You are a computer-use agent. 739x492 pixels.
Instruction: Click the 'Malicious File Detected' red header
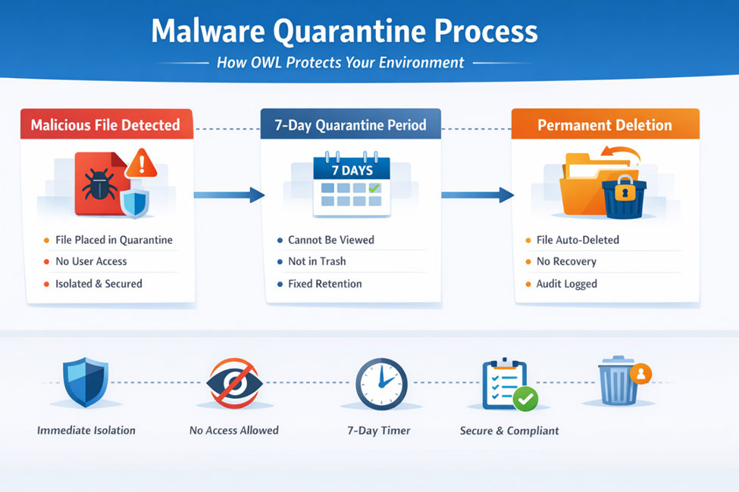coord(105,125)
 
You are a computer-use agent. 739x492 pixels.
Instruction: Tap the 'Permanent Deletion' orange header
coord(605,125)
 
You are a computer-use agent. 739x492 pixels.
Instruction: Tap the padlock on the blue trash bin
coord(624,192)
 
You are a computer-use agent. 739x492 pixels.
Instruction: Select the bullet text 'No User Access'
coord(91,261)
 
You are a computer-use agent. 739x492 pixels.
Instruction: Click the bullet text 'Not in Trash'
coord(317,261)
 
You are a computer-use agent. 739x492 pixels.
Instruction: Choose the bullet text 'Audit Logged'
coord(566,284)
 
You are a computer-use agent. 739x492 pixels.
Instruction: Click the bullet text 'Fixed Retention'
coord(324,284)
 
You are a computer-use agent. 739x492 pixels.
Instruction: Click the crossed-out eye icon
coord(234,384)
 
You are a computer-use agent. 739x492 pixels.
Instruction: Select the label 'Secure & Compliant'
coord(509,431)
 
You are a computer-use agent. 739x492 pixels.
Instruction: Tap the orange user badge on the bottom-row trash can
coord(640,373)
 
